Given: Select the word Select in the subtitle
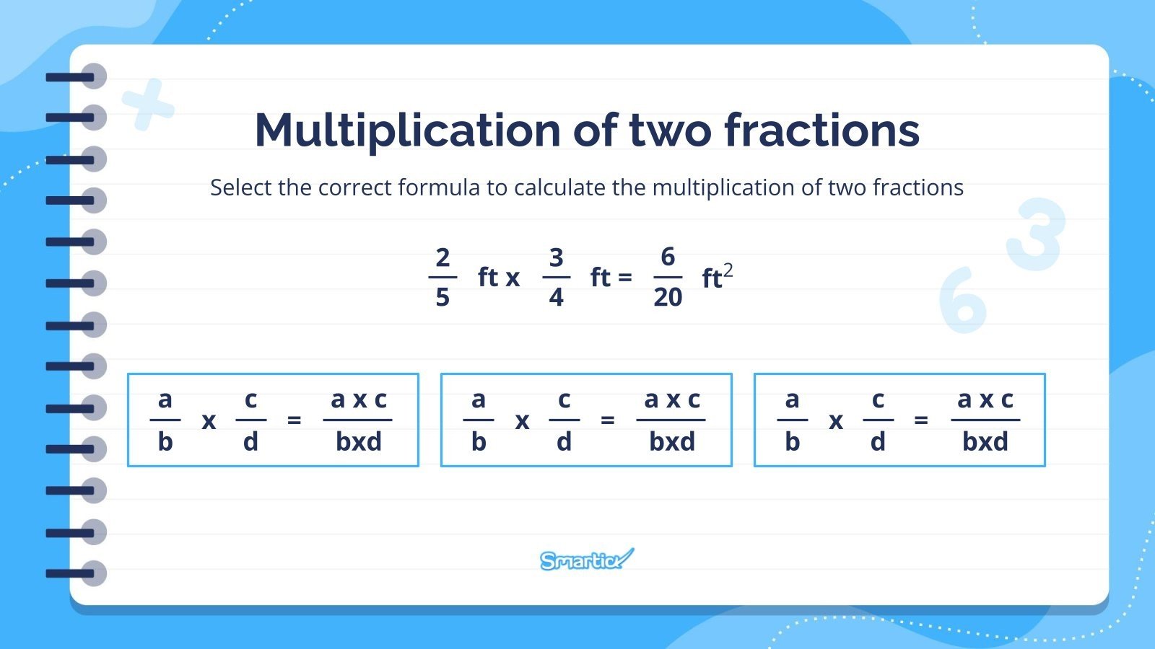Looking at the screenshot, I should pyautogui.click(x=241, y=187).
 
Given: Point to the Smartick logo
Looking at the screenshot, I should pyautogui.click(x=586, y=560).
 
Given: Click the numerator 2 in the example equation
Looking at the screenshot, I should pyautogui.click(x=443, y=257).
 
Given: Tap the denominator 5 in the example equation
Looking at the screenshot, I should pyautogui.click(x=443, y=296).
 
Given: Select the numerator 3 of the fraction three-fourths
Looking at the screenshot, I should pyautogui.click(x=556, y=257).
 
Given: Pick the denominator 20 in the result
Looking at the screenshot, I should pyautogui.click(x=668, y=296).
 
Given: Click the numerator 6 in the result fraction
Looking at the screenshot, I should pyautogui.click(x=668, y=257).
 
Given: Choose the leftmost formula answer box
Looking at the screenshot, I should pyautogui.click(x=273, y=420).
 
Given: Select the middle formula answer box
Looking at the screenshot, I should pyautogui.click(x=586, y=420).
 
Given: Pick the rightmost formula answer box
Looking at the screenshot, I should pyautogui.click(x=899, y=420).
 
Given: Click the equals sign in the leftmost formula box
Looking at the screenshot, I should pyautogui.click(x=294, y=420).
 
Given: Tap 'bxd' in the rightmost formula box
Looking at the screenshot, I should pyautogui.click(x=985, y=441).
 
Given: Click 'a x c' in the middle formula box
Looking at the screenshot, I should pyautogui.click(x=672, y=399).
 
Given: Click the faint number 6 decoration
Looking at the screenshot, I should pyautogui.click(x=963, y=300).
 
